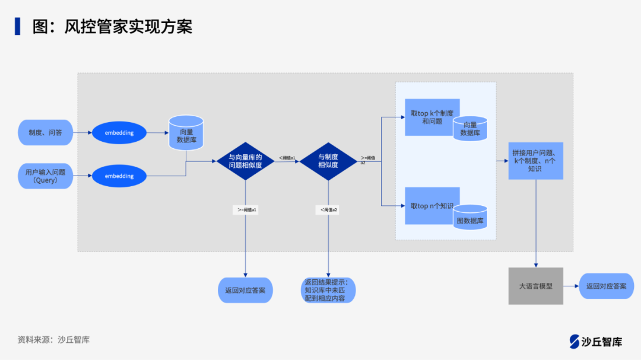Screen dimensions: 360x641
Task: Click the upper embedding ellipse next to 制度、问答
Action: pos(119,133)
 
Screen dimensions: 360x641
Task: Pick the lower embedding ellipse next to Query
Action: pos(119,176)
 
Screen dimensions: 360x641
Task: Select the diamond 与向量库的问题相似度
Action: pos(245,161)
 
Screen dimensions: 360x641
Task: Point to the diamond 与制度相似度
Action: pos(328,161)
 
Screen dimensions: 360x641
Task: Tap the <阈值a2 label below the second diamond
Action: pos(328,210)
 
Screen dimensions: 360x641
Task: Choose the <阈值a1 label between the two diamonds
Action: pos(287,157)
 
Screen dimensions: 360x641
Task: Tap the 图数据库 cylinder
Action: pos(470,218)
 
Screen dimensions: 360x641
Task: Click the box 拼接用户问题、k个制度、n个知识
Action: pos(535,161)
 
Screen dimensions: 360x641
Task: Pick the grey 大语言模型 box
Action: pos(535,286)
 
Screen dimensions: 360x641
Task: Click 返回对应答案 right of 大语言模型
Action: pos(606,286)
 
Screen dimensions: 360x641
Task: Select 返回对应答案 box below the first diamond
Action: pos(245,291)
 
